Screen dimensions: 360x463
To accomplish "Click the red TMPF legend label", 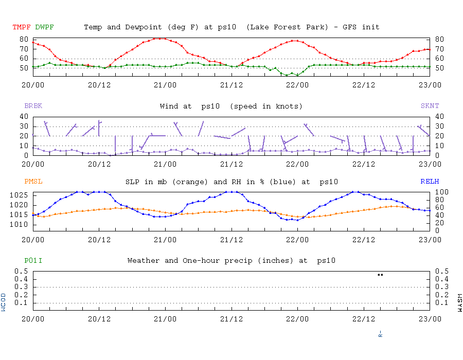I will pyautogui.click(x=22, y=27).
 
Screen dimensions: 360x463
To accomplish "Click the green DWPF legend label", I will pyautogui.click(x=44, y=27).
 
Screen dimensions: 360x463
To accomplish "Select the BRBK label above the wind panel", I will pyautogui.click(x=33, y=106).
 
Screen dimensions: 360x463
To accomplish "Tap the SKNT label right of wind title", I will pyautogui.click(x=430, y=106).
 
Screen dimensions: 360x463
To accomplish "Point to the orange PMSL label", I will pyautogui.click(x=33, y=182).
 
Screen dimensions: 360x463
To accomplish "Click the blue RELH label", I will pyautogui.click(x=430, y=182).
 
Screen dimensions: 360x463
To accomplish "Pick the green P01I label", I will pyautogui.click(x=33, y=261).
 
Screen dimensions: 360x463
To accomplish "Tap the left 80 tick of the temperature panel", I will pyautogui.click(x=23, y=39).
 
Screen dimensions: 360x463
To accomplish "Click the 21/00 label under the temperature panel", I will pyautogui.click(x=165, y=85).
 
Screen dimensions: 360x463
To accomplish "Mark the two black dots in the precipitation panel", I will pyautogui.click(x=380, y=275).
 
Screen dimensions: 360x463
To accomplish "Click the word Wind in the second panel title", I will pyautogui.click(x=169, y=106).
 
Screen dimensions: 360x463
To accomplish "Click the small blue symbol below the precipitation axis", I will pyautogui.click(x=380, y=334).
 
